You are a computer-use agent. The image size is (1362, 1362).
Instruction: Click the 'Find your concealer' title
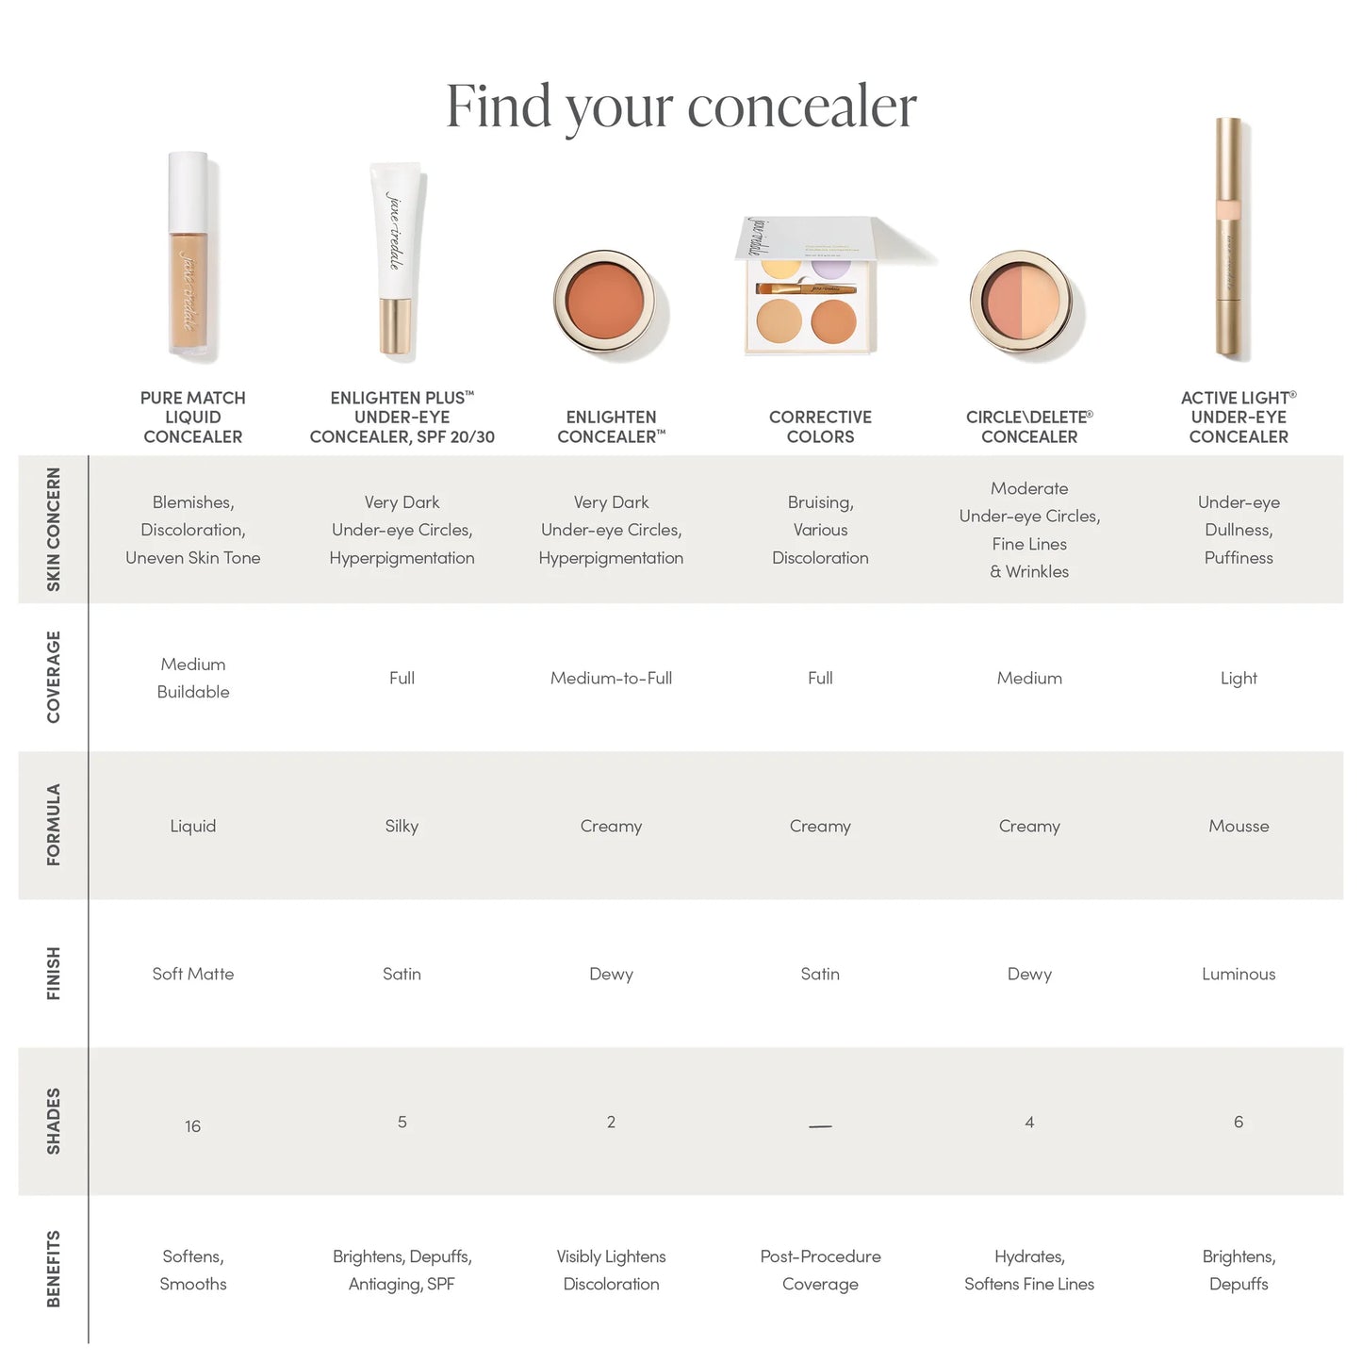click(681, 106)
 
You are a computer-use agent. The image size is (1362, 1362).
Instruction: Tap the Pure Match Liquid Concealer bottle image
click(192, 256)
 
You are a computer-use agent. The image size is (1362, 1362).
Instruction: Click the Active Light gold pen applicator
click(1229, 238)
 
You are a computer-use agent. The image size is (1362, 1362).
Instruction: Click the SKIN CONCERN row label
click(54, 530)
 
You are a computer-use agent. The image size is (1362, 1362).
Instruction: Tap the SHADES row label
click(54, 1121)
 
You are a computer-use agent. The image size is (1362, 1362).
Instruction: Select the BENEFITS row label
click(54, 1269)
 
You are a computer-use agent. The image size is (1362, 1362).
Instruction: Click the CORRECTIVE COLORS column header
click(820, 427)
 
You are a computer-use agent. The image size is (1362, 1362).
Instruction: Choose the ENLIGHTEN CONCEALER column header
click(611, 427)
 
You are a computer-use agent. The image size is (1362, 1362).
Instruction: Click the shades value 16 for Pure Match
click(192, 1126)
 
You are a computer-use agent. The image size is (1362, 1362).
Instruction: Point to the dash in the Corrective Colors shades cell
click(820, 1126)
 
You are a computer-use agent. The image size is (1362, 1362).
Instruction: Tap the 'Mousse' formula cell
click(1239, 826)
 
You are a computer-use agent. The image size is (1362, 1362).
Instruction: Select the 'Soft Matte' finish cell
click(192, 974)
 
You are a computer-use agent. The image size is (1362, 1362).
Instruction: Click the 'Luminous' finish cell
click(1239, 974)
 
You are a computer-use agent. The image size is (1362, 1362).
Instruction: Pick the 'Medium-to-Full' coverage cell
click(611, 678)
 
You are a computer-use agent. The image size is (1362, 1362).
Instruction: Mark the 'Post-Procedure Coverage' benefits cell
click(820, 1270)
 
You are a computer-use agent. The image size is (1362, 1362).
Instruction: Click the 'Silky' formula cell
click(402, 826)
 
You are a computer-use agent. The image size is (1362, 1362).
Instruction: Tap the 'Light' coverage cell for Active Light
click(1239, 678)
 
